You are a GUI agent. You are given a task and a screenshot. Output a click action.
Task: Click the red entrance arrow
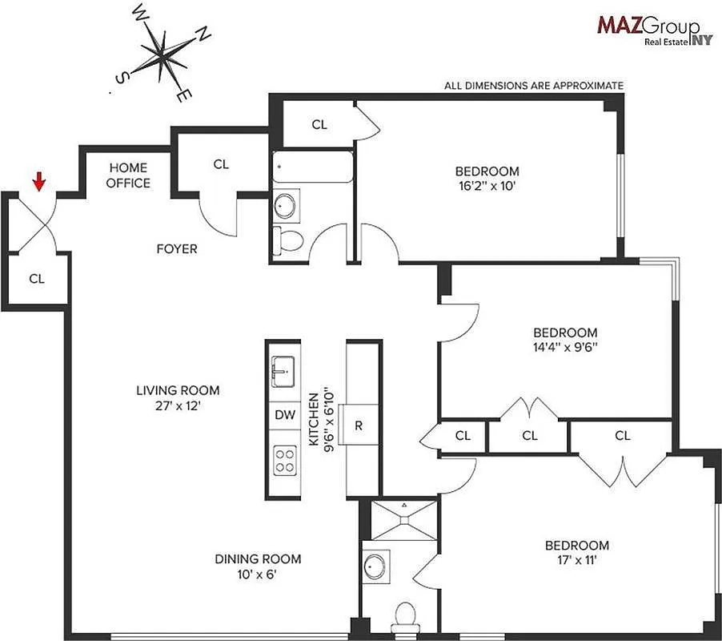[38, 183]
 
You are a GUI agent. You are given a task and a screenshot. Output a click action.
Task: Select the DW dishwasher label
[285, 415]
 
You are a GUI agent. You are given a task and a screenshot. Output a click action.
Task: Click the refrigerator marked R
[359, 425]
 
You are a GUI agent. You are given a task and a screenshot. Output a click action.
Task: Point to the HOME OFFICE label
[128, 175]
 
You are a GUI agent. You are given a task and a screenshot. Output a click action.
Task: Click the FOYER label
[176, 249]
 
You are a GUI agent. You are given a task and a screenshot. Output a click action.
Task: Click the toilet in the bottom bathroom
[406, 616]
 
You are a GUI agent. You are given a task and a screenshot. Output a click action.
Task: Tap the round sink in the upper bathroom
[286, 206]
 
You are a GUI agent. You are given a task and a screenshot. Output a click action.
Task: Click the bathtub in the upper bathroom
[312, 167]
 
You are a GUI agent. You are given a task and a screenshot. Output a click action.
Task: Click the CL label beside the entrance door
[36, 279]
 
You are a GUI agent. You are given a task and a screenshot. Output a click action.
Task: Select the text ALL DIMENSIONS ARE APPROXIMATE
[534, 85]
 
